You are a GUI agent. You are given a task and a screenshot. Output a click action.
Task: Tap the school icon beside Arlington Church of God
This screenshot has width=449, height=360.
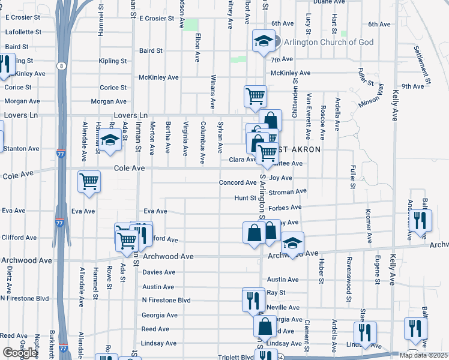tap(262, 41)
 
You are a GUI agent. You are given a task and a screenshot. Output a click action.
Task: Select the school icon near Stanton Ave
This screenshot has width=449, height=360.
tap(110, 141)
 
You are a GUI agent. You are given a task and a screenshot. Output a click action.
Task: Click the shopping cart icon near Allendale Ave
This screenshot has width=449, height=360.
tap(89, 180)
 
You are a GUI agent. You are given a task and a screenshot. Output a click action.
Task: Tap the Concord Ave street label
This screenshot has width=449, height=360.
tap(238, 182)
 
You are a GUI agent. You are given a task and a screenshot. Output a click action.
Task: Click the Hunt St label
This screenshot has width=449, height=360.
tap(245, 197)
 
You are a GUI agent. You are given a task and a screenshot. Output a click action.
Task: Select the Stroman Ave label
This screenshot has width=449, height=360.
tap(288, 192)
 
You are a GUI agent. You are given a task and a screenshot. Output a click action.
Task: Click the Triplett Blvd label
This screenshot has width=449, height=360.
tap(236, 356)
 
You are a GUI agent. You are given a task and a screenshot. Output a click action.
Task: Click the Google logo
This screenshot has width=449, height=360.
tap(20, 353)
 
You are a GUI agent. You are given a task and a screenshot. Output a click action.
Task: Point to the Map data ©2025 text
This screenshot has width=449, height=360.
tap(423, 355)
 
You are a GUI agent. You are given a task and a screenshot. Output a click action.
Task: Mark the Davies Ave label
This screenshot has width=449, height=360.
tap(158, 272)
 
